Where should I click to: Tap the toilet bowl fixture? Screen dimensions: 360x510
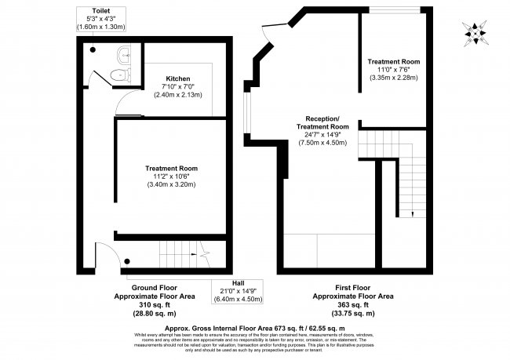[x=118, y=75]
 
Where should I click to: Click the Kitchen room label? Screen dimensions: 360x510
[x=178, y=78]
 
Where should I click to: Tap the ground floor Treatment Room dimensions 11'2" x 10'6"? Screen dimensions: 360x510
[x=171, y=176]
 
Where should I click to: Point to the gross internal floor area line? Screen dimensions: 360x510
[x=254, y=327]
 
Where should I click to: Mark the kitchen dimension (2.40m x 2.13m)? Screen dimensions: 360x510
[x=178, y=95]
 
